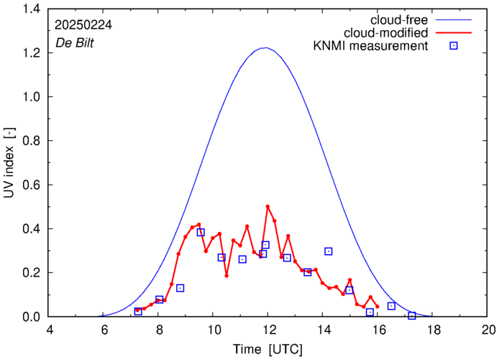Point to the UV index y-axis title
point(12,162)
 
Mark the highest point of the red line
point(267,206)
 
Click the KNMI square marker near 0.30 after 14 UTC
point(329,251)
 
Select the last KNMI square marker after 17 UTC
point(412,315)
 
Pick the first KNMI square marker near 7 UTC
point(138,311)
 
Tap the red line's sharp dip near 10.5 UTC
point(226,275)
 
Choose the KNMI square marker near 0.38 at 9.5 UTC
point(201,232)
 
